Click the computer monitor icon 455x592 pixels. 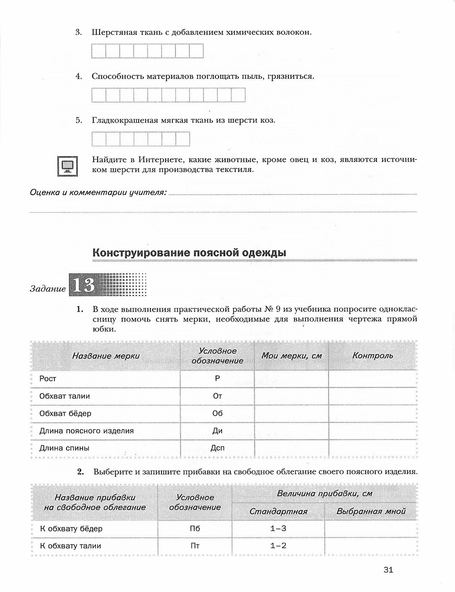[67, 166]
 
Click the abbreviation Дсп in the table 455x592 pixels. [217, 448]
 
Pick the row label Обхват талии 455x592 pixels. [65, 396]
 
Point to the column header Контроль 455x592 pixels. [373, 355]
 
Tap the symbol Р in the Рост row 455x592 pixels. [217, 379]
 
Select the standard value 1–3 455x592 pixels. [278, 528]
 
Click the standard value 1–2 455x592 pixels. [278, 546]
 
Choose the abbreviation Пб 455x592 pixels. [195, 528]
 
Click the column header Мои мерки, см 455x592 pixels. [291, 355]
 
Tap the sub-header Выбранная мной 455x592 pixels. [371, 511]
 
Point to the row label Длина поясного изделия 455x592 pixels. [86, 430]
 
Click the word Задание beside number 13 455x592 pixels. [48, 289]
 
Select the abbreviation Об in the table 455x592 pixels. [217, 413]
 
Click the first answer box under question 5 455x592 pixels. [99, 139]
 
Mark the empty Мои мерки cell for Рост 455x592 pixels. [291, 379]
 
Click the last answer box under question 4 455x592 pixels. [238, 95]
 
